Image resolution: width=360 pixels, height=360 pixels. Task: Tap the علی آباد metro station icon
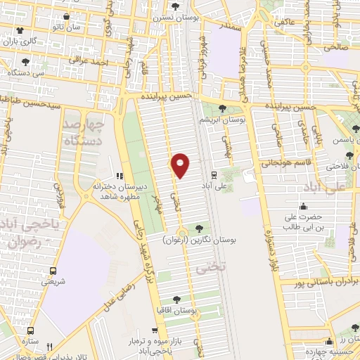coord(214,174)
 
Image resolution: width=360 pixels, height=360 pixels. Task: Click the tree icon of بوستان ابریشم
coord(223,108)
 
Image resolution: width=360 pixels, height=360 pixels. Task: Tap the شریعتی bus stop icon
coord(53,270)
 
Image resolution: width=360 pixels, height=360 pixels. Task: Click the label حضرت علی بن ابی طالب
coord(304,222)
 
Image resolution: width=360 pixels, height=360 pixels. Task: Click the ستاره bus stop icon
coord(30,329)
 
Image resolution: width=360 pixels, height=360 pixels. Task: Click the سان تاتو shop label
coord(65,26)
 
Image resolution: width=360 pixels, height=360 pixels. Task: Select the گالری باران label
coord(20,41)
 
